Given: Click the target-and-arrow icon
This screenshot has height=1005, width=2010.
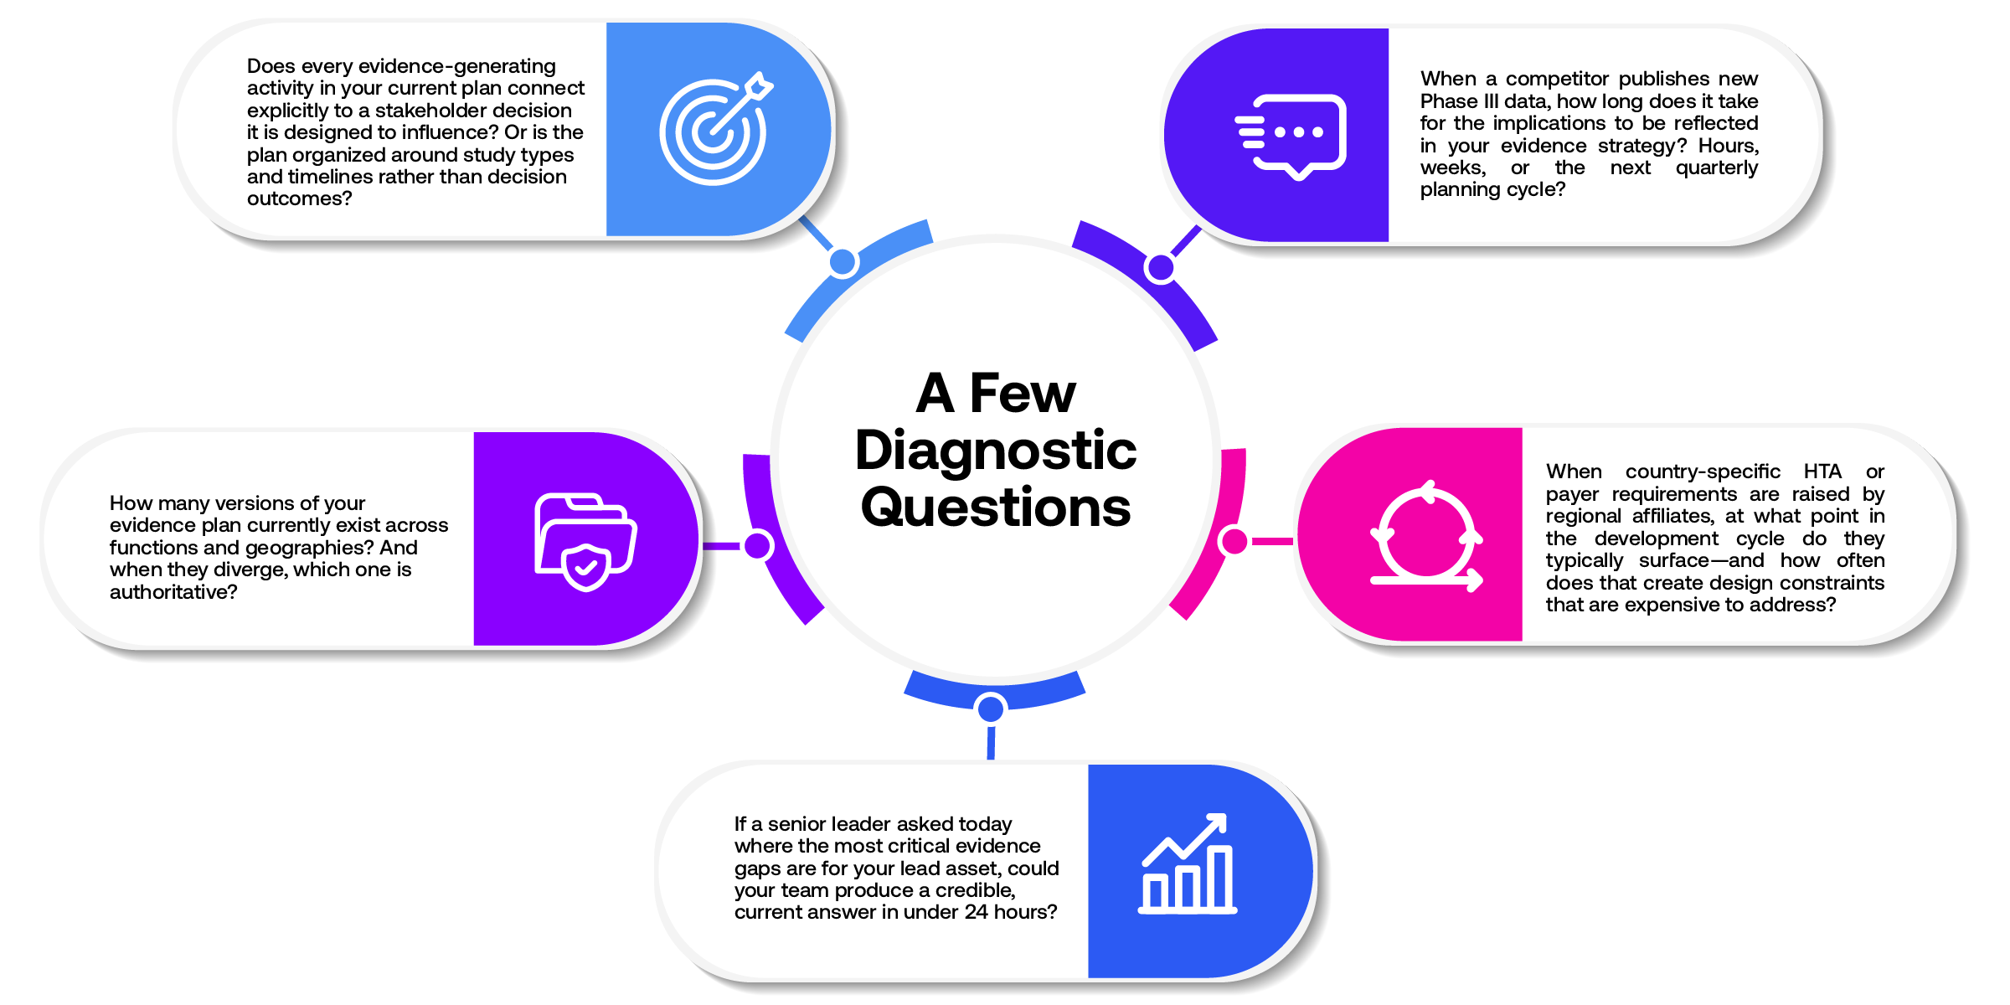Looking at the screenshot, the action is pos(714,130).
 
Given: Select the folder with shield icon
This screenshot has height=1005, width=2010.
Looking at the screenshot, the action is pos(585,542).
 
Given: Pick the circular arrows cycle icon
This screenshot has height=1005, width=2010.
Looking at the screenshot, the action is pos(1426,537).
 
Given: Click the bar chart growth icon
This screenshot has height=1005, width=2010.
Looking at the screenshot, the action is pos(1188,863).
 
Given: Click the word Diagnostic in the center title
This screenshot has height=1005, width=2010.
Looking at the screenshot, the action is pos(996,450).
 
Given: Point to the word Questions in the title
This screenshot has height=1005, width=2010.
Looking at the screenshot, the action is pos(996,507).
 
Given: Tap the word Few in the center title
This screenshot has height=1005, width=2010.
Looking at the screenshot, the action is pos(1023,393).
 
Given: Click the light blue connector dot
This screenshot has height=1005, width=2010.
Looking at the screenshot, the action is pos(843,263).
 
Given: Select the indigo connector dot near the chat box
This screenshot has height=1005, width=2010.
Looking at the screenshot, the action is pos(1161,268).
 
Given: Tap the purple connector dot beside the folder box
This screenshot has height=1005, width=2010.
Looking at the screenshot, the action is pos(758,545).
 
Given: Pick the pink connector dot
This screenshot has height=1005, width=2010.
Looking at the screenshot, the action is pos(1234,541).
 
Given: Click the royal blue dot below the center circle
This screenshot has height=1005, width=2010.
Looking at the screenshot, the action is pos(991,709).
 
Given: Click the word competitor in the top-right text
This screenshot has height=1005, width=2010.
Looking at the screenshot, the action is pos(1558,79).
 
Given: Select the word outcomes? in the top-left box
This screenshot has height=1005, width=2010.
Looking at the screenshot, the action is pos(299,198).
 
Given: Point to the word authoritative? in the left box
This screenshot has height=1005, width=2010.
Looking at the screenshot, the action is pos(173,592).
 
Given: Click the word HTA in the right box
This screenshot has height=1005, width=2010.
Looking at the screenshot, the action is pos(1822,472).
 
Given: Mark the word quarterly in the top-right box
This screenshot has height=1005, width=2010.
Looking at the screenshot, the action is pos(1717,167).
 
